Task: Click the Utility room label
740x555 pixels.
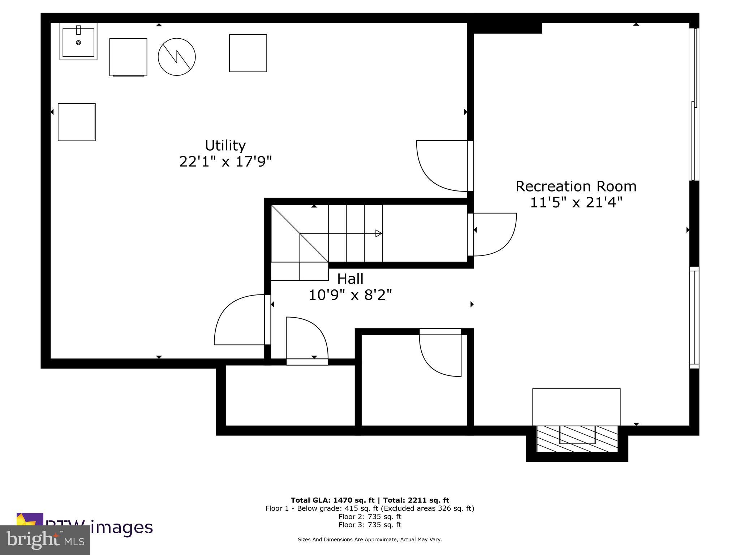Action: [x=225, y=145]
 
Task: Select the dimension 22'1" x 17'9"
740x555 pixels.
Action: [x=225, y=161]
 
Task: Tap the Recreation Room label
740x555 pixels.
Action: [x=576, y=186]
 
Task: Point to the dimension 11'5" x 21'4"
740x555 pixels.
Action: [x=576, y=202]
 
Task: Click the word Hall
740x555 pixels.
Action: [x=350, y=279]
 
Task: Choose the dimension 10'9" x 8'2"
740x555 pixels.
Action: [x=350, y=295]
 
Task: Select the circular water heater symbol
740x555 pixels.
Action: [x=177, y=57]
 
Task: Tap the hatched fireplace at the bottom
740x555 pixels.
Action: [x=577, y=439]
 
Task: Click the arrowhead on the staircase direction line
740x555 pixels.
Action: [x=379, y=233]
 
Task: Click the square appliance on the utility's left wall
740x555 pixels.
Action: [x=77, y=122]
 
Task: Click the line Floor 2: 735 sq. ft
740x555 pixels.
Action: [x=370, y=517]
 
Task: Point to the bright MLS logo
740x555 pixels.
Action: [x=45, y=540]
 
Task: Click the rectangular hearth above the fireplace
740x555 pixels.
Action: [x=576, y=407]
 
